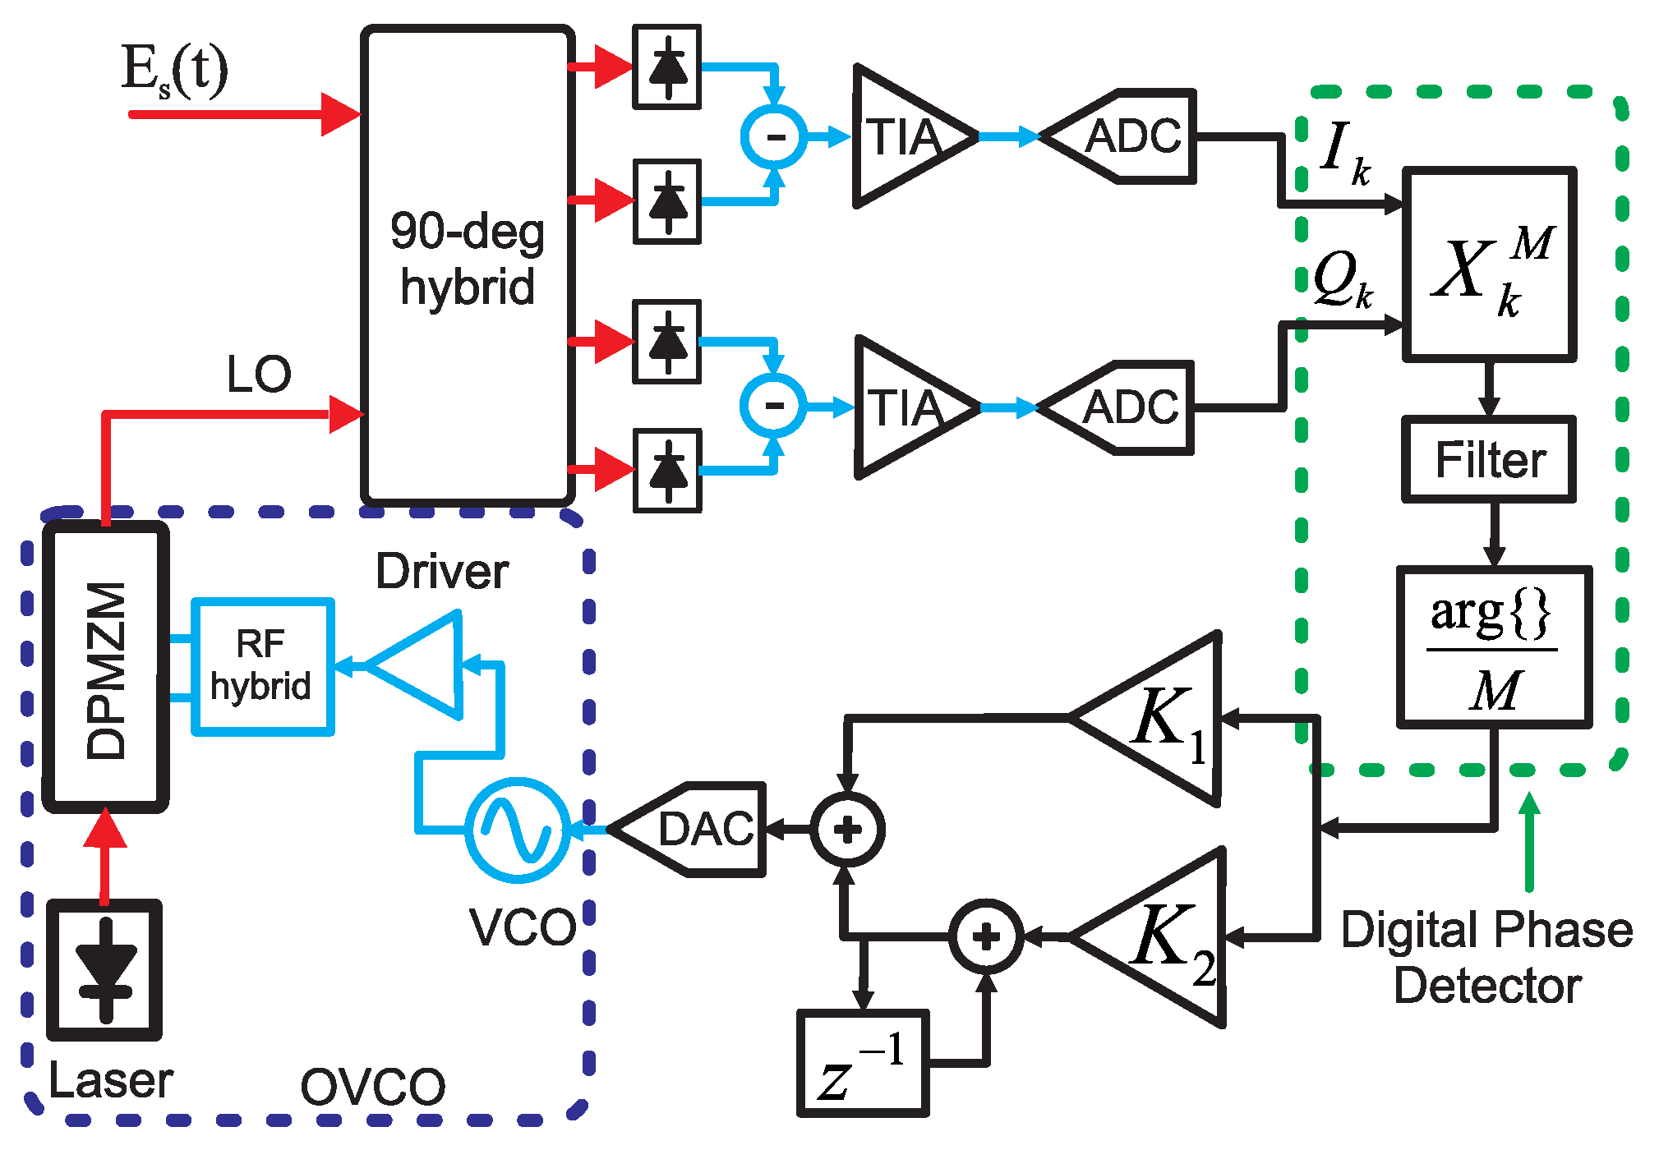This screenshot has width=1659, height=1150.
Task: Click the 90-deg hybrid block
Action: [x=467, y=263]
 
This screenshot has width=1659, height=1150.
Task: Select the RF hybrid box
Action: [x=262, y=666]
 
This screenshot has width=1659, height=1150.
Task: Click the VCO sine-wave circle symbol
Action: [x=517, y=830]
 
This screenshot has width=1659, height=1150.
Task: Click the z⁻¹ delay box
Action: [x=863, y=1063]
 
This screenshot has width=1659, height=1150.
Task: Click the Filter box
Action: [x=1488, y=459]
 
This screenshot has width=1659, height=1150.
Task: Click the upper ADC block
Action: [x=1130, y=136]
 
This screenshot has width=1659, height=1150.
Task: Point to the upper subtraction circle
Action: [x=774, y=136]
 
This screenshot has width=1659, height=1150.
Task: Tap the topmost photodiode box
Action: [x=666, y=67]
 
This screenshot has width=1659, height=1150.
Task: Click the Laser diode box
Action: [x=104, y=969]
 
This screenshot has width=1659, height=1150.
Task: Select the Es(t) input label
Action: [x=174, y=71]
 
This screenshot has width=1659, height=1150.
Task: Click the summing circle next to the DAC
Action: [x=847, y=830]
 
